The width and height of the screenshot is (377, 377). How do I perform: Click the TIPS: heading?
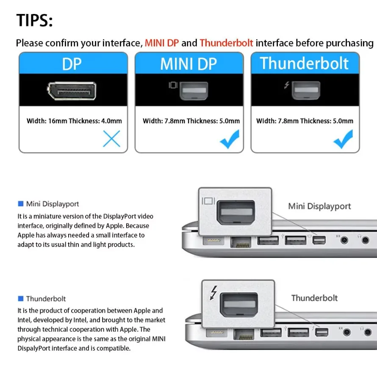point(34,20)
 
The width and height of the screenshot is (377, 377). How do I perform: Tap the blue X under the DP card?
point(111,139)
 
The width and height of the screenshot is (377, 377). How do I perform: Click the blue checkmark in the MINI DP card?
point(230,139)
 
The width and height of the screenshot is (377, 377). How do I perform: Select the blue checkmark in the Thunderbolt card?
point(343,139)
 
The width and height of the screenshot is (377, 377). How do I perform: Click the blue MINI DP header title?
point(188,64)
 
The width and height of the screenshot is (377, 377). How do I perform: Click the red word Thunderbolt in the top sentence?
point(226,43)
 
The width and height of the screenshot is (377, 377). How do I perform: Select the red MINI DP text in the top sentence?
point(162,43)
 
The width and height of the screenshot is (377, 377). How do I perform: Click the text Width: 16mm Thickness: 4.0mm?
point(74,121)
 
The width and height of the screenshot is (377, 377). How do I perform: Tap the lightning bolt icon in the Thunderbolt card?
point(287,85)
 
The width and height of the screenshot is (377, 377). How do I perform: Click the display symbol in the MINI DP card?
point(173,85)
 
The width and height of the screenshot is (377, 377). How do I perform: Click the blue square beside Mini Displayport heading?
point(20,204)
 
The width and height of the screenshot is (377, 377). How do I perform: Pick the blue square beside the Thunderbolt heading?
point(20,299)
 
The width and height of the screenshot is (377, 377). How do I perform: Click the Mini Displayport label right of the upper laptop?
point(319,206)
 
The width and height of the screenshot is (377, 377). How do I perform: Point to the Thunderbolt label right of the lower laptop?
point(314,298)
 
